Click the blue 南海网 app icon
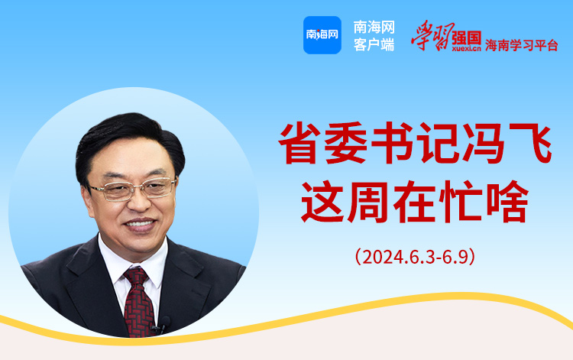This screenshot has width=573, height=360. pos(322,35)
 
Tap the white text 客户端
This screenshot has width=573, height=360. pos(374,45)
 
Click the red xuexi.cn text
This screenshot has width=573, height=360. pos(466,49)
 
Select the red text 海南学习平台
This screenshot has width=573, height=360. pos(522,45)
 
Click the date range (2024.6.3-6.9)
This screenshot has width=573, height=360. pos(415,257)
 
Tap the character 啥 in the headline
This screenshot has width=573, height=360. pos(507,201)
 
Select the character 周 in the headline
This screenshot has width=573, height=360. pos(368,201)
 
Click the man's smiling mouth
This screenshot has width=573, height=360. pos(140,225)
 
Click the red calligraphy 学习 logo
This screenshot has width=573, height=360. pos(432,35)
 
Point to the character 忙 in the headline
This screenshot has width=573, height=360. pos(461,201)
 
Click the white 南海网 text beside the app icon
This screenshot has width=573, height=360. pos(374,28)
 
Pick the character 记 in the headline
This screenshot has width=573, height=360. pos(439,143)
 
